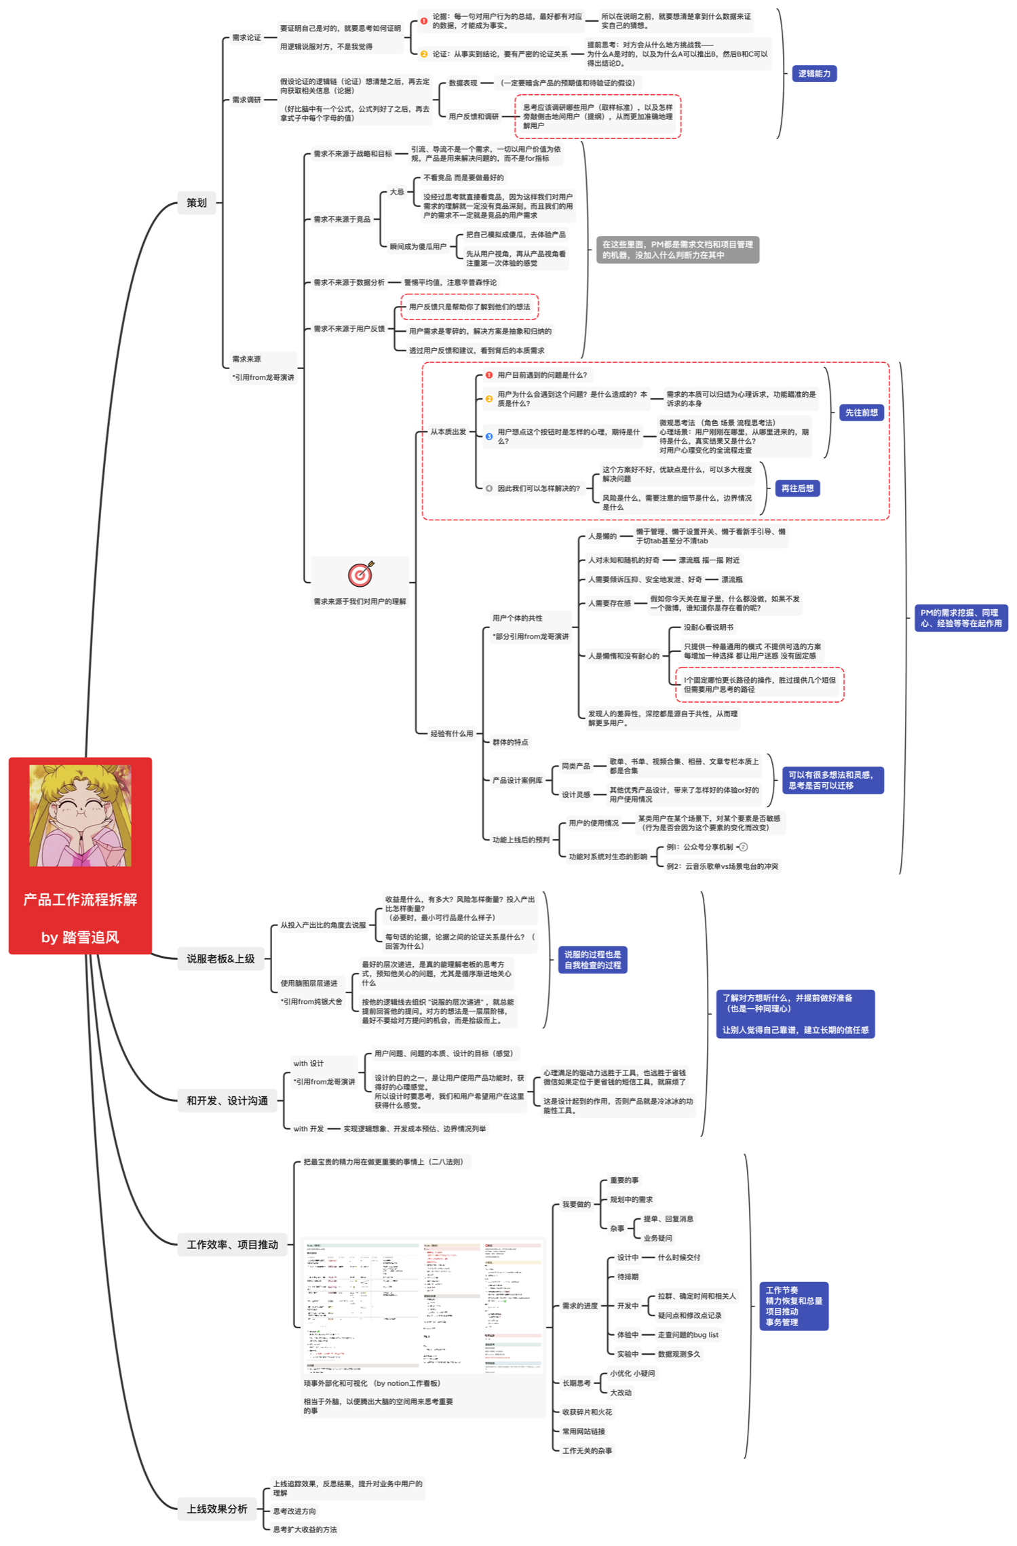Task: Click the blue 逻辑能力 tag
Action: coord(813,73)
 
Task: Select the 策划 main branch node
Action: coord(196,202)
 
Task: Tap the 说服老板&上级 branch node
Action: coord(220,959)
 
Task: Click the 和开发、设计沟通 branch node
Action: coord(227,1100)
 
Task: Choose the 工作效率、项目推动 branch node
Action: coord(232,1244)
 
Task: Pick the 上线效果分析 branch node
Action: coord(217,1509)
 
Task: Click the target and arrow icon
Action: coord(360,574)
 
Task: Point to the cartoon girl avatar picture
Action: coord(80,815)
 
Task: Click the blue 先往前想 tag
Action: coord(861,412)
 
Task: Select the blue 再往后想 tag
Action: coord(797,488)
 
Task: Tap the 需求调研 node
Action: coord(246,100)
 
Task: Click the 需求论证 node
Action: coord(246,37)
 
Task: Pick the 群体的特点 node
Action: coord(510,742)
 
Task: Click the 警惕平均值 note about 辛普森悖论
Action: coord(450,282)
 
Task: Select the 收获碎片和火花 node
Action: coord(587,1412)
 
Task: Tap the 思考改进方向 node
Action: coord(294,1511)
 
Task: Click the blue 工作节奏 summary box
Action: coord(793,1306)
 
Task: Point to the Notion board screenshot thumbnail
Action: coord(423,1307)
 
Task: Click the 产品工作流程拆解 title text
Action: coord(80,900)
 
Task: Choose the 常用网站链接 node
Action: coord(583,1431)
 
